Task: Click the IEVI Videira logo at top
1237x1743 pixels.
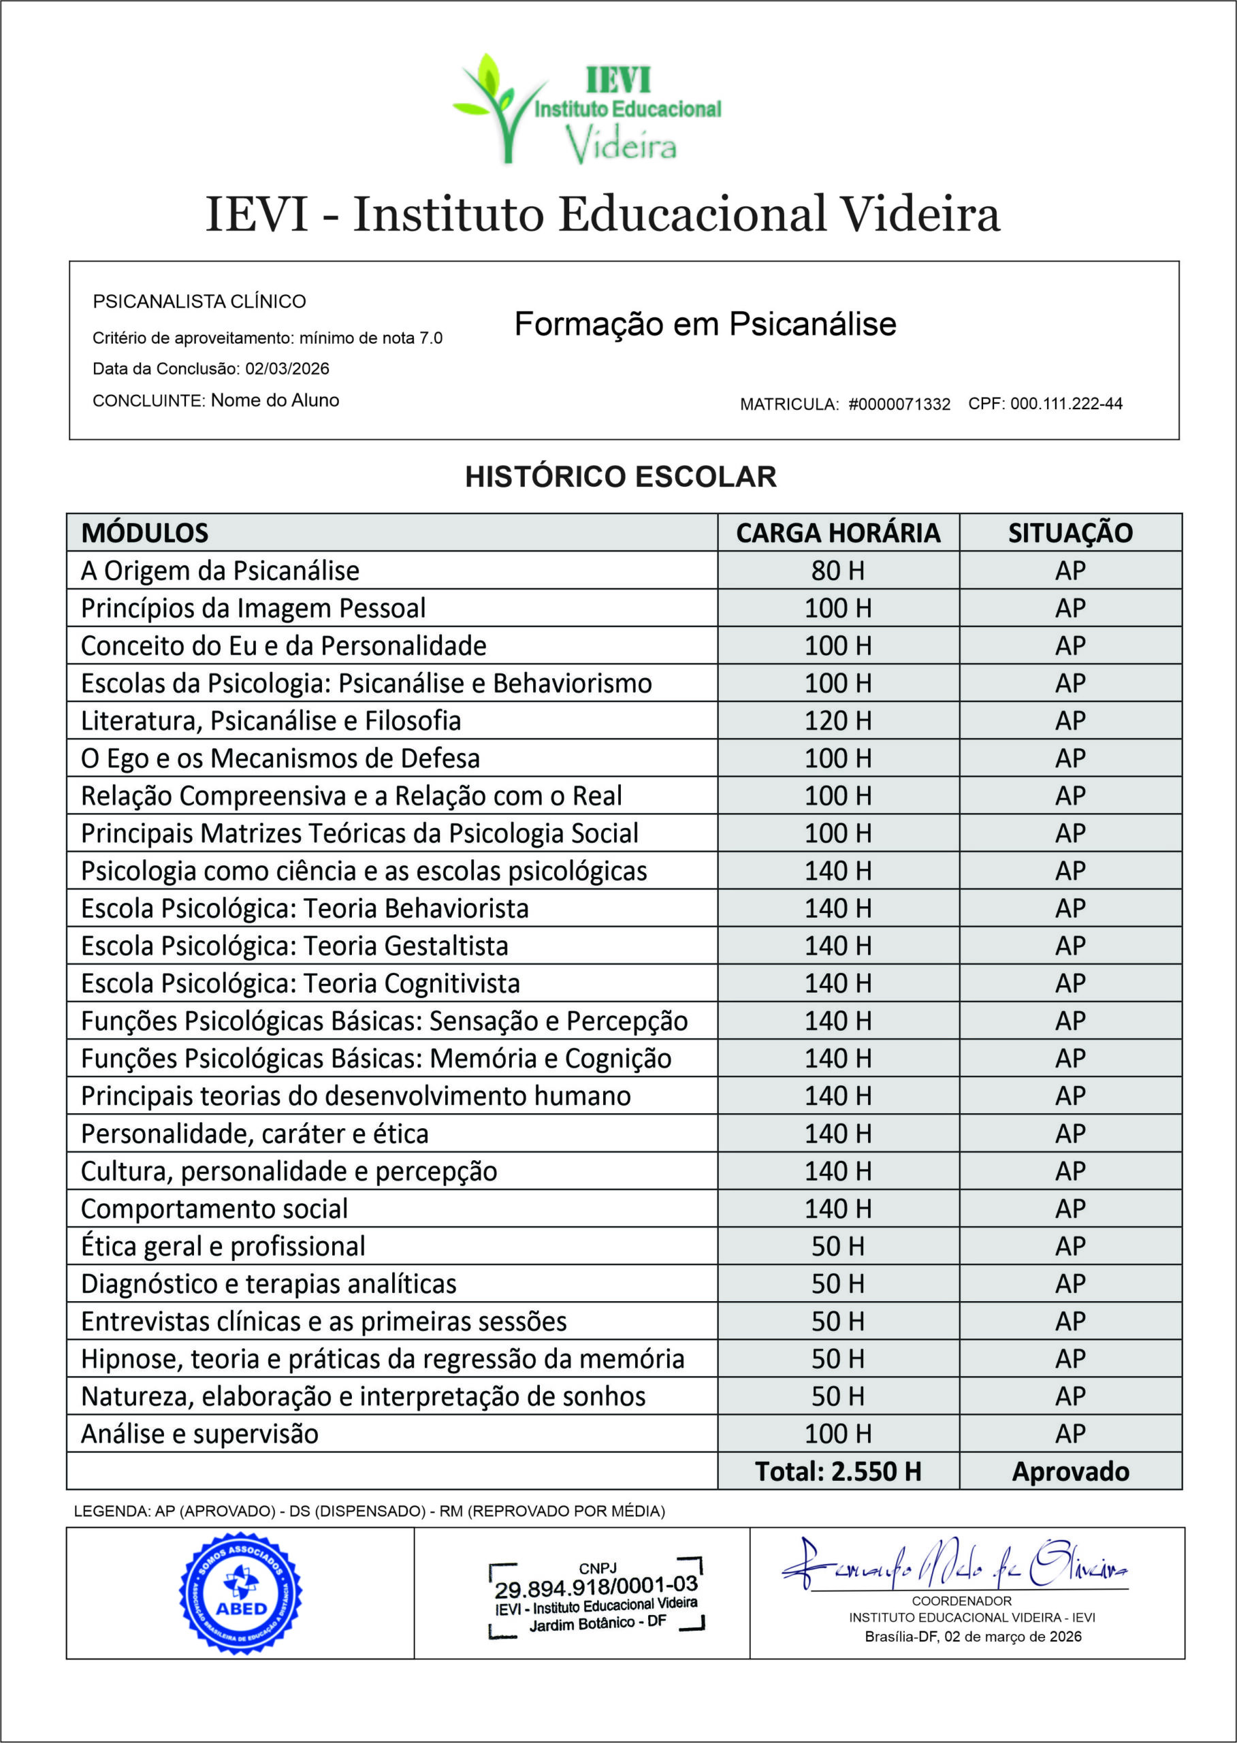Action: pos(587,109)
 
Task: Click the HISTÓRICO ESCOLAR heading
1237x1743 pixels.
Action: pos(621,477)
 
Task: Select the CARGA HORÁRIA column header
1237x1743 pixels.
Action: pos(838,532)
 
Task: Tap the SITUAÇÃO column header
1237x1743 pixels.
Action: pos(1070,532)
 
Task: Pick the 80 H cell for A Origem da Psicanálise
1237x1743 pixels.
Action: pos(838,571)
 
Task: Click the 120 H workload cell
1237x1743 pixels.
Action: pos(838,720)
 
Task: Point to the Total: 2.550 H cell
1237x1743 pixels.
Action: pos(838,1471)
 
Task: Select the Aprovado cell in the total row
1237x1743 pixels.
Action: pos(1070,1471)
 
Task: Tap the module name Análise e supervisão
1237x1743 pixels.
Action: pos(199,1434)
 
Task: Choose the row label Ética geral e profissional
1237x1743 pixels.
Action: pos(223,1246)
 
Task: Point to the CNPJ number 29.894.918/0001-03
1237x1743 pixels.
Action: pos(596,1588)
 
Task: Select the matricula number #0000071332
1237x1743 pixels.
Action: pos(899,404)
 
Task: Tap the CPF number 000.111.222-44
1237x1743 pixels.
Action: pos(1066,404)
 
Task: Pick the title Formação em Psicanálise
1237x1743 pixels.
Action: pos(705,324)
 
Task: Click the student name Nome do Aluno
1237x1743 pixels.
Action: pos(275,401)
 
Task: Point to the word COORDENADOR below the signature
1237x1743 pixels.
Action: pos(961,1601)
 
